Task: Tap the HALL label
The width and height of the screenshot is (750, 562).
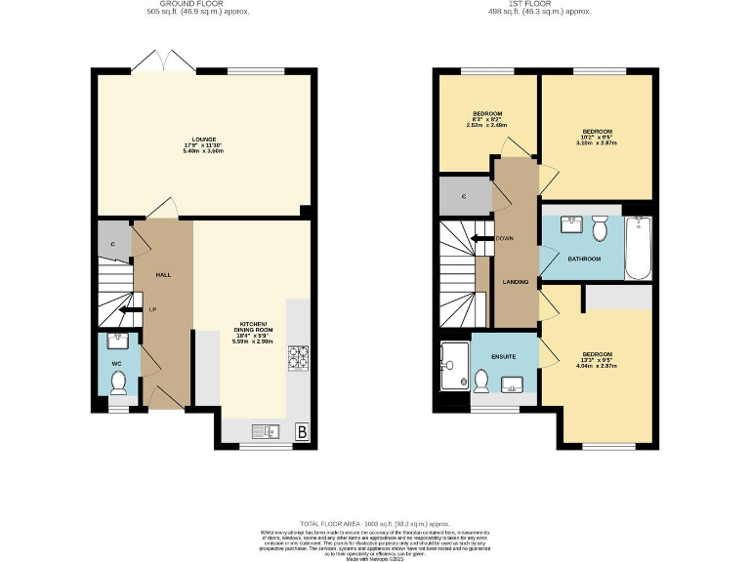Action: coord(163,275)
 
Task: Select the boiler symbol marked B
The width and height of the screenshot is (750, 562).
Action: coord(302,430)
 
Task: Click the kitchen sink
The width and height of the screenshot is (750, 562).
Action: coord(265,430)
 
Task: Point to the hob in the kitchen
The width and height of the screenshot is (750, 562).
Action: coord(298,359)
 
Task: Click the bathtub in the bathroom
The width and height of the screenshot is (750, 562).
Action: coord(638,247)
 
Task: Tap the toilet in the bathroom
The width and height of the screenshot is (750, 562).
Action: coord(602,228)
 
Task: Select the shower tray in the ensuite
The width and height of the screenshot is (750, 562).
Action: coord(453,365)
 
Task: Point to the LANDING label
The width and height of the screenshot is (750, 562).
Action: coord(515,282)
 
